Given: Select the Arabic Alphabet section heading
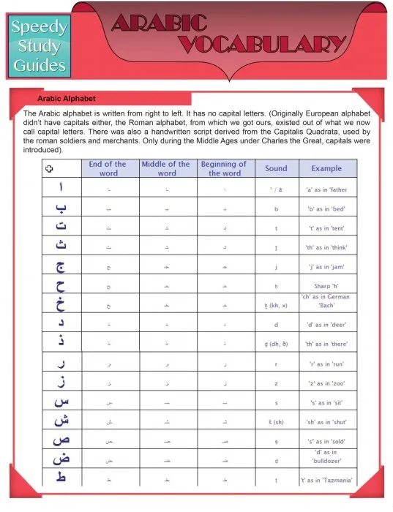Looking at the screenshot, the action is click(x=67, y=98).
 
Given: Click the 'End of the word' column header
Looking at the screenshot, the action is click(x=108, y=168).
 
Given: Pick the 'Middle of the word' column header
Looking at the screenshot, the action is click(x=168, y=168).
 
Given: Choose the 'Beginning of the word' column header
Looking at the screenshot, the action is click(x=224, y=168).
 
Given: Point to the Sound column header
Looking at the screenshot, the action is click(x=276, y=168).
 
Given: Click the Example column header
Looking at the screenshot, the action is click(x=326, y=168).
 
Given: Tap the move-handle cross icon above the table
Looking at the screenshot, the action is click(x=49, y=169).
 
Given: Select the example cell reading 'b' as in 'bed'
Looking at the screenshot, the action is click(x=326, y=208).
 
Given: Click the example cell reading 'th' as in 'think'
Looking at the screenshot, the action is click(x=326, y=247).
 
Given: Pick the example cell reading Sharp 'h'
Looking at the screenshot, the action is click(x=326, y=285).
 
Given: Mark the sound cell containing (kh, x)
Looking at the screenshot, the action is click(x=277, y=304).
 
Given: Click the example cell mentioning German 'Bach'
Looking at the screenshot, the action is click(x=326, y=301).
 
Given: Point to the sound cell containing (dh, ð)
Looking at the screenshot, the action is click(x=277, y=343).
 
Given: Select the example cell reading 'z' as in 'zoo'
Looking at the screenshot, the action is click(x=326, y=382).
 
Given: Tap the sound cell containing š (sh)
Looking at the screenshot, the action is click(x=277, y=421).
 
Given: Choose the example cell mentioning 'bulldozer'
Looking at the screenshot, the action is click(x=326, y=458).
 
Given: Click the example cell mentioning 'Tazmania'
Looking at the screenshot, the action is click(x=326, y=480).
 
